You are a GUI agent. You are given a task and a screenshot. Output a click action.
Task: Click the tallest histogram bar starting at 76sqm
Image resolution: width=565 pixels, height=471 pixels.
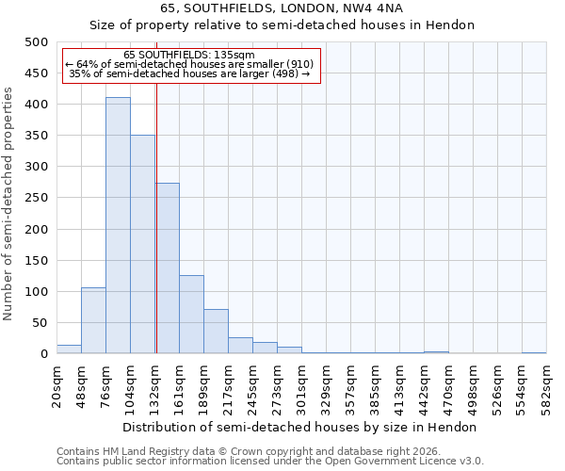coord(118,226)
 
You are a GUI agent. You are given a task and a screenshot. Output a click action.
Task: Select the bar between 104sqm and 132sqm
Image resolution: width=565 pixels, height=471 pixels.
coord(142,245)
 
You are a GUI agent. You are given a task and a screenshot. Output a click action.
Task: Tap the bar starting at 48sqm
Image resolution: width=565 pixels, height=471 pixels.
coord(93,321)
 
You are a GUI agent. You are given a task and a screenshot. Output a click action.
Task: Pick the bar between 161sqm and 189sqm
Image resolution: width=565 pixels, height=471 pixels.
coord(191,315)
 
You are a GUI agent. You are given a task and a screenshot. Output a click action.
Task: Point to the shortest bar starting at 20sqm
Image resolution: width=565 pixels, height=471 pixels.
coord(69,349)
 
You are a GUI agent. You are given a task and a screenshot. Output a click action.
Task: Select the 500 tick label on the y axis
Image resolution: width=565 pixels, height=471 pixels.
coord(36,42)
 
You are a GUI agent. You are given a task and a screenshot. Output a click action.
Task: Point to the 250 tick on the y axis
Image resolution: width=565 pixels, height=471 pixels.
coord(36,198)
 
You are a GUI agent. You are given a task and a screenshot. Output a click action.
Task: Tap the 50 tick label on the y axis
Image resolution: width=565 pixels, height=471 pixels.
coord(40,323)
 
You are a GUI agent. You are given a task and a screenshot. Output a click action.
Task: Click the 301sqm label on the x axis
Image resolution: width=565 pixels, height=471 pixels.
coord(301,386)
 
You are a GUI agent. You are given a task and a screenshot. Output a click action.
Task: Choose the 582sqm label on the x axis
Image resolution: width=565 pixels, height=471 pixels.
coord(546,386)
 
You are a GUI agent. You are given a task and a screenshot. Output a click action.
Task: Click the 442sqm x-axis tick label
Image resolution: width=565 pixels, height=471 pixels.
coord(424,386)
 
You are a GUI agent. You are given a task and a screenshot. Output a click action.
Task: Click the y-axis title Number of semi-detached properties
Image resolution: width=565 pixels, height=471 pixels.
coord(8,203)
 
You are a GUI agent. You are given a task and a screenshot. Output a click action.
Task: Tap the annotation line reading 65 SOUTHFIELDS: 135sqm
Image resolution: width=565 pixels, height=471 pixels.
coord(189,56)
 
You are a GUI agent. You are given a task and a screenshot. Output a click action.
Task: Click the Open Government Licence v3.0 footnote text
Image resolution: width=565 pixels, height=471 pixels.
coord(395,461)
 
